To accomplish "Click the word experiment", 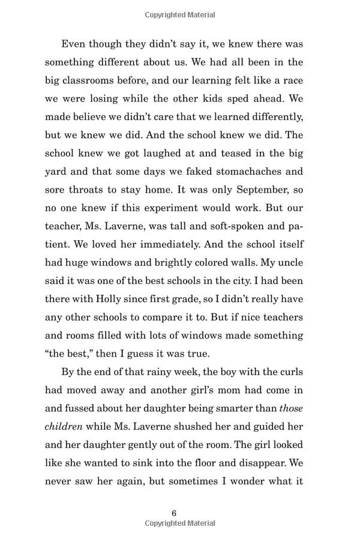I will pyautogui.click(x=158, y=208).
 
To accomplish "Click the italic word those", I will pyautogui.click(x=291, y=409).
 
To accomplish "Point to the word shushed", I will pyautogui.click(x=203, y=427).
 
